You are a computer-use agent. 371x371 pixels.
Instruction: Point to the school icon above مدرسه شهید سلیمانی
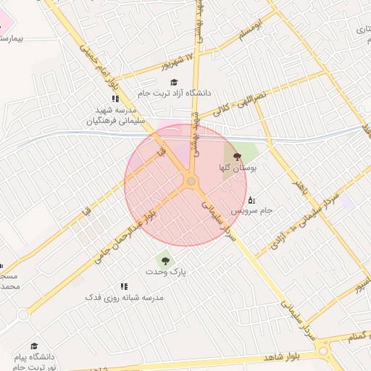pyautogui.click(x=114, y=99)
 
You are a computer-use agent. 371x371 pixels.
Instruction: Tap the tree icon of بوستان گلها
pyautogui.click(x=236, y=156)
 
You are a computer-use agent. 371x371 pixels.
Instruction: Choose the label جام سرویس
pyautogui.click(x=251, y=210)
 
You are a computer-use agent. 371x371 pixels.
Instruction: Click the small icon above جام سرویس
pyautogui.click(x=251, y=199)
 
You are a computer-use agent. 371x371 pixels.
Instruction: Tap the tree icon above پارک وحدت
pyautogui.click(x=165, y=259)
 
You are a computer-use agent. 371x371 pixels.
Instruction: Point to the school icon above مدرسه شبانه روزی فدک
pyautogui.click(x=124, y=286)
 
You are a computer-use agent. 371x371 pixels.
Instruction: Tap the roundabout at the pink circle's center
pyautogui.click(x=191, y=181)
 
